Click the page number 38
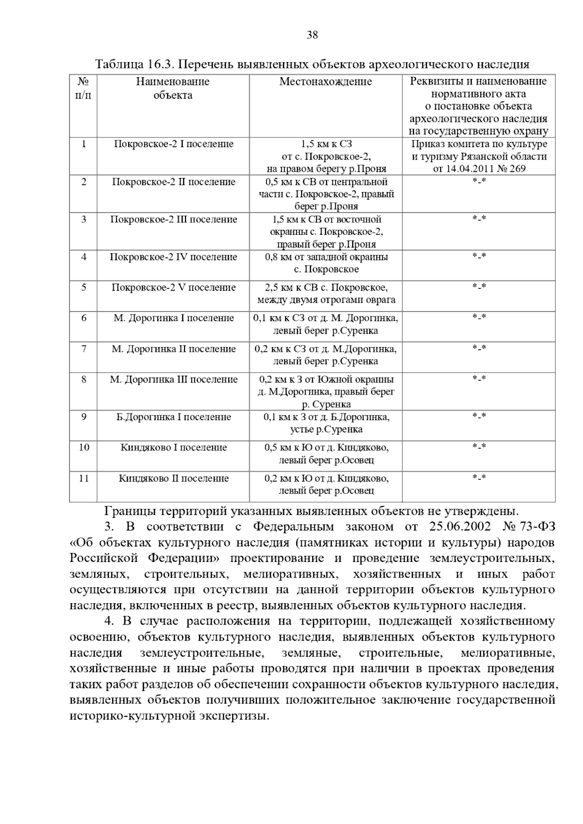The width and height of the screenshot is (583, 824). click(x=312, y=35)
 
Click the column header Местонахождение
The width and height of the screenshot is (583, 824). click(x=326, y=82)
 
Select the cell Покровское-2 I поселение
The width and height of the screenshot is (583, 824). click(x=173, y=144)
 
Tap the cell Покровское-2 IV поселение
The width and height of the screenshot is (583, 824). click(x=173, y=257)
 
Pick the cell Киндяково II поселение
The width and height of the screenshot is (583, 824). click(x=173, y=478)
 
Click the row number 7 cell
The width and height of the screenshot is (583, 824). click(x=84, y=349)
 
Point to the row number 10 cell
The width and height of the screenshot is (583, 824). click(x=84, y=447)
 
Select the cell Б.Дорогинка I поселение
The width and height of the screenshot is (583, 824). click(x=173, y=417)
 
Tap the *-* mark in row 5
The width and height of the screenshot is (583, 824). click(x=479, y=287)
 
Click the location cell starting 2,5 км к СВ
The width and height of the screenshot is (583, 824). click(x=326, y=294)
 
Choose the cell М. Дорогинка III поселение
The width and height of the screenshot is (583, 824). click(x=173, y=379)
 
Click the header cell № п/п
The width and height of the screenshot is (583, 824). click(x=84, y=88)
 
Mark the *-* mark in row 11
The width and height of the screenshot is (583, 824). click(x=479, y=478)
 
